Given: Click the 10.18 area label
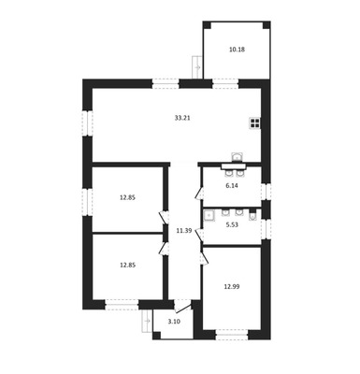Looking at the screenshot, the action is [237, 50].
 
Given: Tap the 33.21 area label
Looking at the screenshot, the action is [182, 118].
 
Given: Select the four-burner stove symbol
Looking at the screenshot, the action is [255, 123].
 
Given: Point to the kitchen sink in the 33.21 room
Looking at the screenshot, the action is [238, 157].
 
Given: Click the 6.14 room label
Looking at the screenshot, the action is [232, 186].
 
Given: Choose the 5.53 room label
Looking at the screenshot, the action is [232, 224].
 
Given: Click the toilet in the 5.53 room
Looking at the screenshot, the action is [252, 216].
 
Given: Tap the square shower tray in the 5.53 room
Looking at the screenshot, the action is [209, 215].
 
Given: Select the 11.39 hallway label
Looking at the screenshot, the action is [184, 231].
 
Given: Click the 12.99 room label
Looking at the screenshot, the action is [232, 287].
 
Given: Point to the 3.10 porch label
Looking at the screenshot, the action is [174, 322].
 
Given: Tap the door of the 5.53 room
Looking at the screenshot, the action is [199, 236].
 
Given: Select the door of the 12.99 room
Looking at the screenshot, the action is [204, 259].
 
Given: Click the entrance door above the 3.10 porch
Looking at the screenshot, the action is [182, 306].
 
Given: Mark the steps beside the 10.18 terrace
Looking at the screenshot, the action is [197, 67].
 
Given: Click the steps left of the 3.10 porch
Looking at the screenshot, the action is [148, 321].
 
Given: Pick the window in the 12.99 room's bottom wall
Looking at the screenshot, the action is [232, 335].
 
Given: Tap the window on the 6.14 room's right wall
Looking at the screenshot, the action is [266, 192].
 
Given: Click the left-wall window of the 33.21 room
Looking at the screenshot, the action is [87, 123].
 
